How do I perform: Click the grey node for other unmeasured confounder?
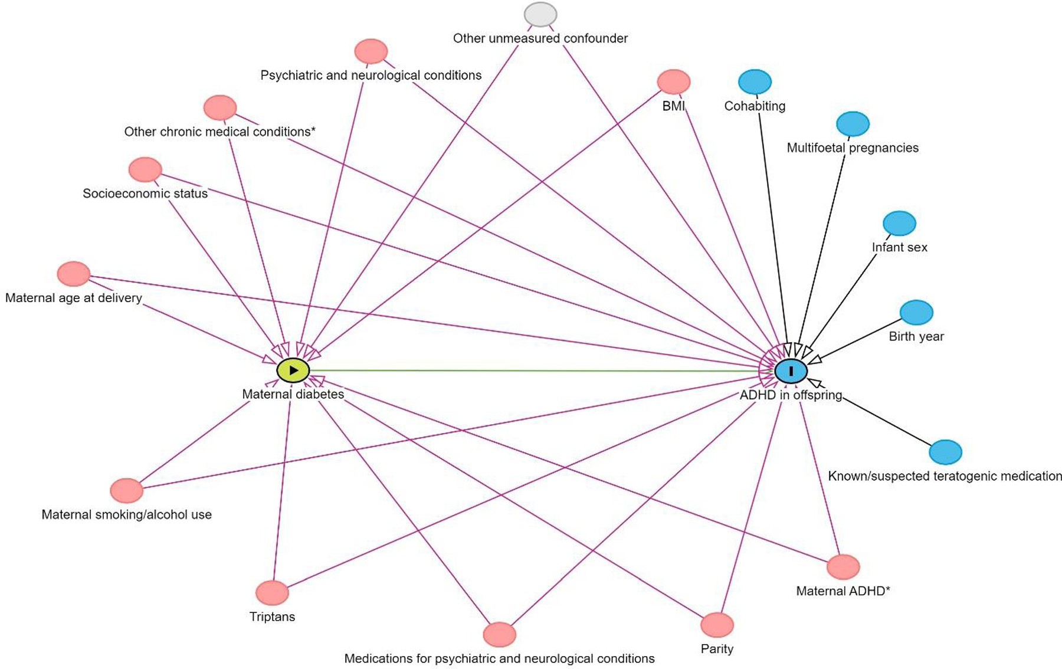[540, 15]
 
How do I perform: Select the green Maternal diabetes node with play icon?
[293, 370]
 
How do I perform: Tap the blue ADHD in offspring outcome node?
[791, 371]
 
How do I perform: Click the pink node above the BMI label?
[674, 82]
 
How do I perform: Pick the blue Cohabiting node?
[755, 82]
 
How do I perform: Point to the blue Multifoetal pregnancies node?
[853, 124]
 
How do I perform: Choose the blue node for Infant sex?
[899, 224]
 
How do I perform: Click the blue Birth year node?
[916, 313]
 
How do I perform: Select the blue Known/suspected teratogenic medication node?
[945, 452]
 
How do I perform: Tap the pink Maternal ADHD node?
[843, 567]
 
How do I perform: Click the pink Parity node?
[717, 625]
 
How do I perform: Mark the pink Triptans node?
[272, 593]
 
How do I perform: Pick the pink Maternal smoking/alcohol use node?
[127, 491]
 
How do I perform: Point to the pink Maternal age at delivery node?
[74, 274]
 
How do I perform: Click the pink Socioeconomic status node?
[145, 170]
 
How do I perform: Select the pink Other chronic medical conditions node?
[220, 108]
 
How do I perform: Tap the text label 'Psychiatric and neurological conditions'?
[371, 76]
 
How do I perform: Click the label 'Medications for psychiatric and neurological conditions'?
[499, 658]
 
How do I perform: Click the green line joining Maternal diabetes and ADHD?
[531, 370]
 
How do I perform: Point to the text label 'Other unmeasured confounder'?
[540, 38]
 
